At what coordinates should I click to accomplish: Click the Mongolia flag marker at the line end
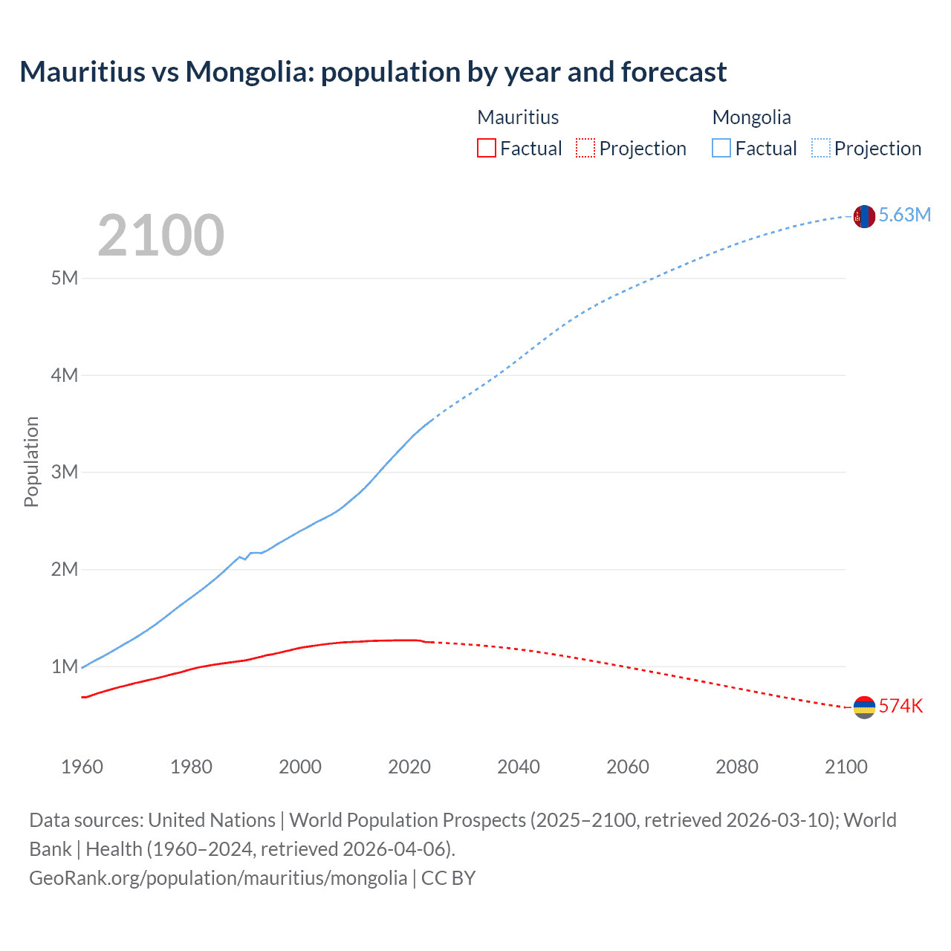tap(863, 216)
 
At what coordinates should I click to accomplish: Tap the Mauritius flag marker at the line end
tap(863, 707)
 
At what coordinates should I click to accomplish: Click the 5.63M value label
tap(904, 215)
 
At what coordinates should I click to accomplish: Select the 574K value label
tap(900, 706)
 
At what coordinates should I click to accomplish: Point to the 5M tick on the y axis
tap(65, 278)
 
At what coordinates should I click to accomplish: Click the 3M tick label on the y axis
tap(65, 472)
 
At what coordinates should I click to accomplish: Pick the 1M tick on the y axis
tap(65, 666)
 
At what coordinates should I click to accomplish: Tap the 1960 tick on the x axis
tap(82, 767)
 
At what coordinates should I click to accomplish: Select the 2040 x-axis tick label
tap(519, 767)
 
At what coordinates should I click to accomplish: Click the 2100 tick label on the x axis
tap(845, 767)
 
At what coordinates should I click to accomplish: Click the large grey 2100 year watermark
tap(160, 236)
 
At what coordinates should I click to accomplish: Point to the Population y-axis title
tap(31, 461)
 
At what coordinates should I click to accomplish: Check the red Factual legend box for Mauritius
tap(486, 148)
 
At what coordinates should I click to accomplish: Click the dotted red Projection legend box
tap(585, 148)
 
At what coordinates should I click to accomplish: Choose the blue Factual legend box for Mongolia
tap(721, 148)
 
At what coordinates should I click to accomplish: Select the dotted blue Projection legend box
tap(820, 148)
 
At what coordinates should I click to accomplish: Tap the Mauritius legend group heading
tap(518, 117)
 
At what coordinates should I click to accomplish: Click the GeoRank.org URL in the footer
tap(218, 877)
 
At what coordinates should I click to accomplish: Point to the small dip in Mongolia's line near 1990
tap(245, 558)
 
